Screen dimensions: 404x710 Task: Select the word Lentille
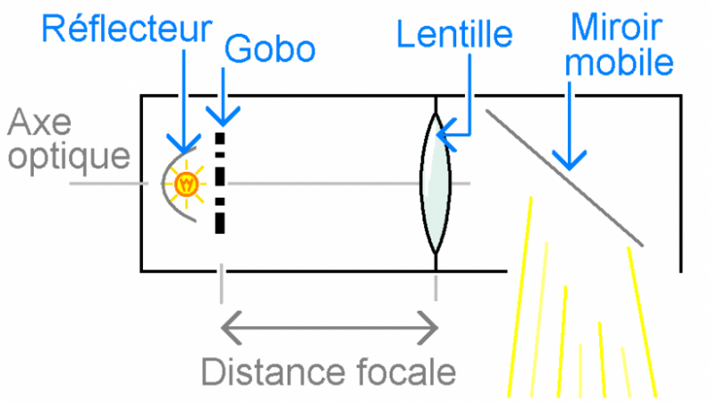(x=455, y=35)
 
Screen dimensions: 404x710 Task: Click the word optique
(x=67, y=157)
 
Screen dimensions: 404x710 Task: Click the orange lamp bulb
(x=186, y=184)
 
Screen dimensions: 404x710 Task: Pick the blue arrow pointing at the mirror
(x=568, y=124)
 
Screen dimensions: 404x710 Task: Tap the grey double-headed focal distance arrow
(x=328, y=329)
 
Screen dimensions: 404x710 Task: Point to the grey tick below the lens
(x=436, y=285)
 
